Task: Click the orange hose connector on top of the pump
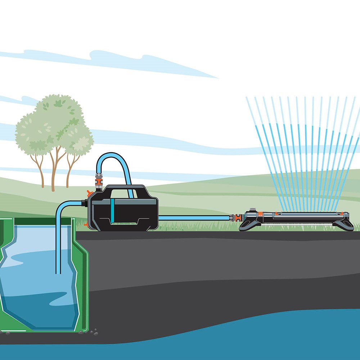(x=97, y=179)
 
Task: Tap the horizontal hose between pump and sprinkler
(x=194, y=218)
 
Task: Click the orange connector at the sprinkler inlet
(x=238, y=218)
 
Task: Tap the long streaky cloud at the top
(x=108, y=61)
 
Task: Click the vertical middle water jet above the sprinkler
(x=306, y=155)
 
